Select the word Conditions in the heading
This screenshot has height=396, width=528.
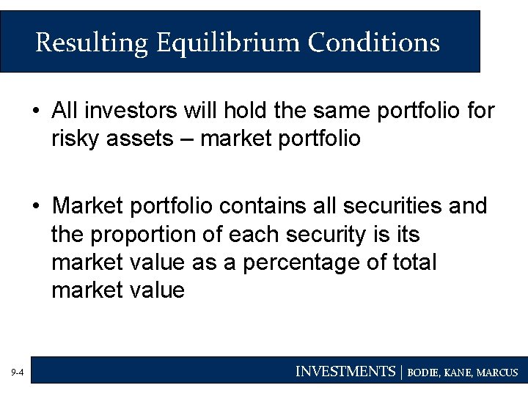tap(373, 43)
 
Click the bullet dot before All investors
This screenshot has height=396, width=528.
tap(36, 111)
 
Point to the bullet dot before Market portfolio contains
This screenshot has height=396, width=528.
tap(36, 207)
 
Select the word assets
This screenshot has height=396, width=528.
tap(143, 138)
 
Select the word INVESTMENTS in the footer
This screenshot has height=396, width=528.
tap(345, 372)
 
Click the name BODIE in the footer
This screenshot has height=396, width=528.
tap(424, 373)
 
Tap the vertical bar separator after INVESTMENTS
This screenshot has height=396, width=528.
tap(401, 372)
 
